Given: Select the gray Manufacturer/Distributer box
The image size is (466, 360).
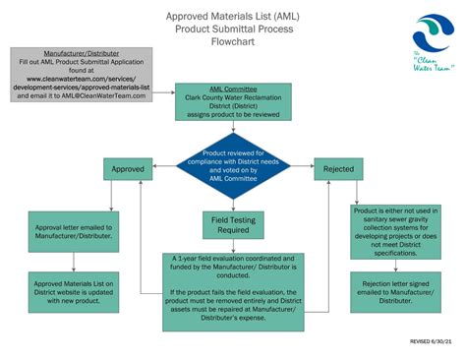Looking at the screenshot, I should point(82,74).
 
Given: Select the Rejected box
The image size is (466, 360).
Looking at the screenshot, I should point(337,168).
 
